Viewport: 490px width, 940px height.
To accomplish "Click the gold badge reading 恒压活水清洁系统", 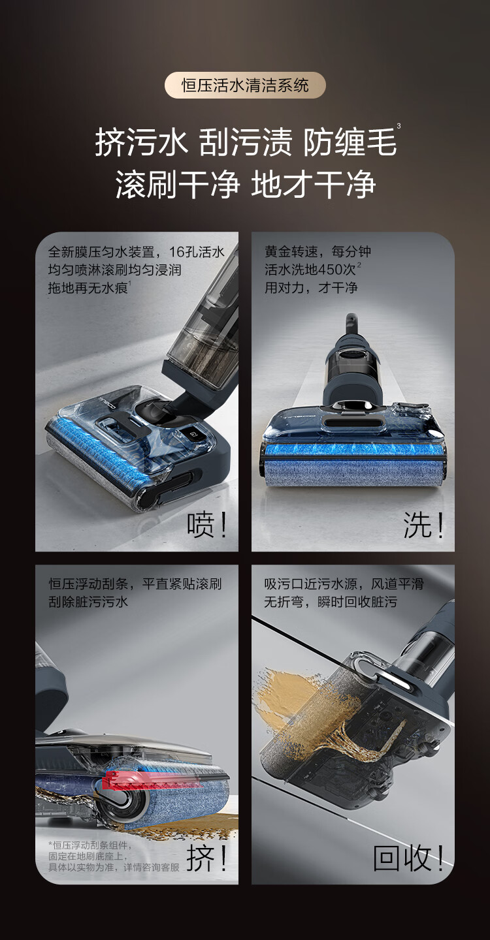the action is [245, 85].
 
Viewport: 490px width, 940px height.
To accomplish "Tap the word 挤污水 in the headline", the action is [141, 143].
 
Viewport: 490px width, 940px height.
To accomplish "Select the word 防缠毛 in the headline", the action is [350, 143].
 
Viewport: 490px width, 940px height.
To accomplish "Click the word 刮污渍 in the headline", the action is [246, 143].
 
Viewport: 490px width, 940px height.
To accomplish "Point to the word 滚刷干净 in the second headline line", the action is [178, 185].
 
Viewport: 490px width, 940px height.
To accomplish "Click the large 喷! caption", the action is [207, 525].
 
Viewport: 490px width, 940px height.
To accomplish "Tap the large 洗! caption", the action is [423, 525].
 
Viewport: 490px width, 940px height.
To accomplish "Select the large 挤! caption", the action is [207, 858].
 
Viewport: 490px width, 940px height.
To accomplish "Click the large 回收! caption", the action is [408, 858].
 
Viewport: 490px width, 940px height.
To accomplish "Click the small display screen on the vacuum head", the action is [195, 434].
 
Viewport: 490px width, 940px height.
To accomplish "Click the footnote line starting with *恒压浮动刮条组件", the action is [90, 845].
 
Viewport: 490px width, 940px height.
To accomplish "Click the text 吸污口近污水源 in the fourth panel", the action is [311, 584].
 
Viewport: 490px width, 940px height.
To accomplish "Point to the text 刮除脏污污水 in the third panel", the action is [88, 602].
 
